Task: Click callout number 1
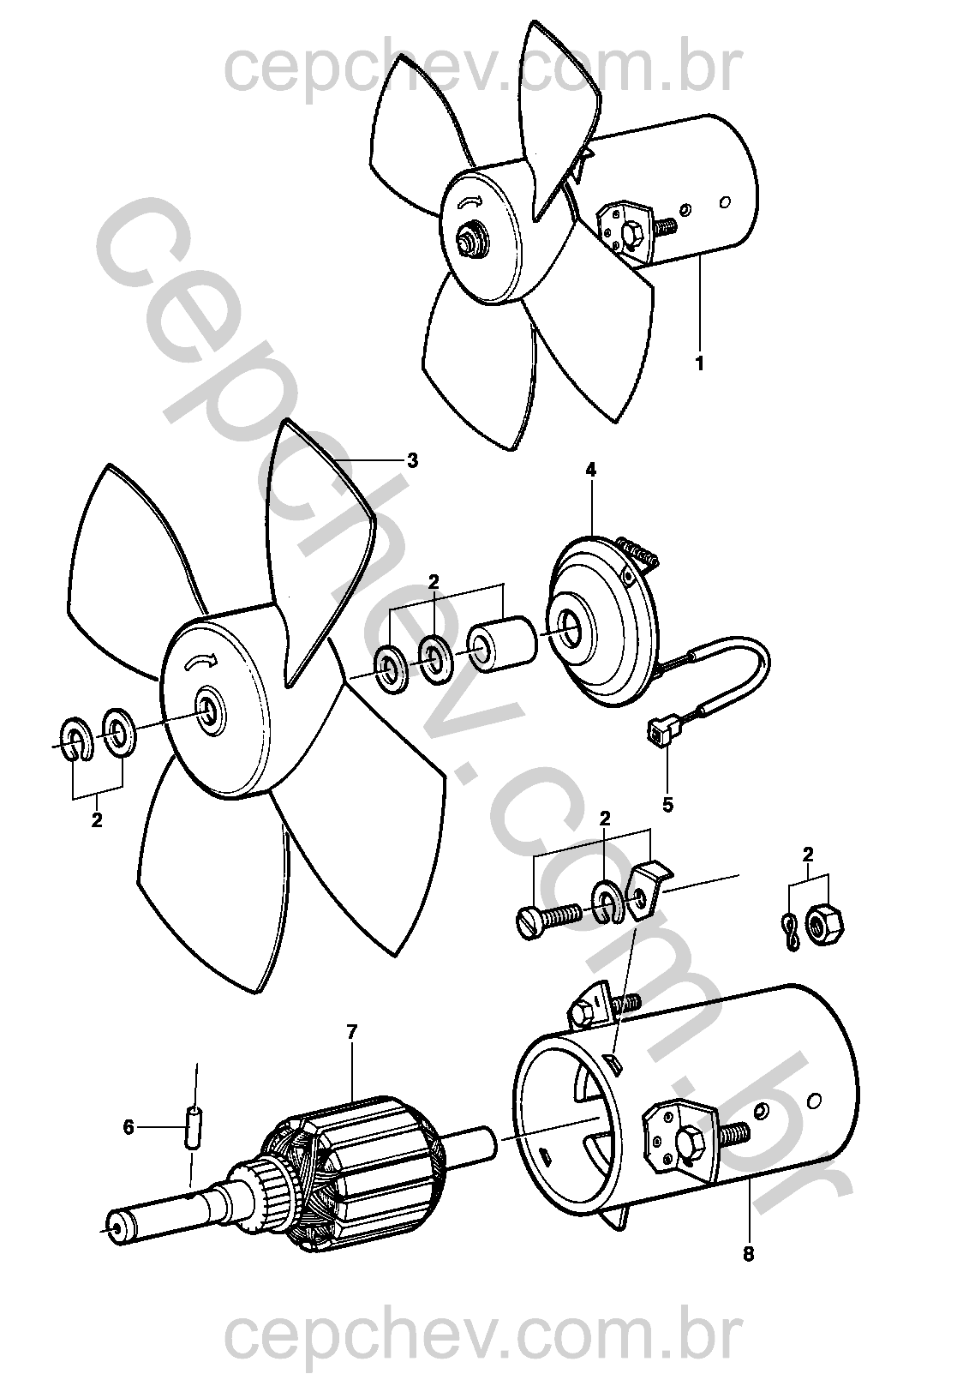(x=700, y=363)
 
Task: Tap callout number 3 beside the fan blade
(x=413, y=460)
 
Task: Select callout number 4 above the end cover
(x=591, y=470)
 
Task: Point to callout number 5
(x=668, y=805)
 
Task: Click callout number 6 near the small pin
(x=129, y=1127)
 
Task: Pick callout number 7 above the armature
(x=352, y=1032)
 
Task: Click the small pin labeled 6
(x=194, y=1127)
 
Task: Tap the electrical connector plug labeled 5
(x=658, y=731)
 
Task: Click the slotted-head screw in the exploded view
(x=548, y=918)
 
